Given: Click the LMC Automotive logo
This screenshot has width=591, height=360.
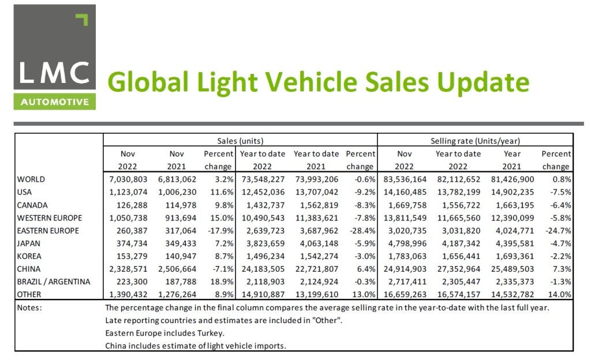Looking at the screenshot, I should coord(55,58).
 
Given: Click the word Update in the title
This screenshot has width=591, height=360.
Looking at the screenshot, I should coord(482,82).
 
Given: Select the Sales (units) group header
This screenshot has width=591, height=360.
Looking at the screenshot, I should coord(240,141).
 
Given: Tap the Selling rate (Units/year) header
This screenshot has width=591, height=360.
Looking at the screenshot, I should coord(475,141).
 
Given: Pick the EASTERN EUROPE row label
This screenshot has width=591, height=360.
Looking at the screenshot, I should coord(50,231).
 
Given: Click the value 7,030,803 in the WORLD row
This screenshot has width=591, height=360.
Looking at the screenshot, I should coord(128,179).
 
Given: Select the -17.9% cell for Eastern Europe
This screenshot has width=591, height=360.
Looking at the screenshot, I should coord(219,231).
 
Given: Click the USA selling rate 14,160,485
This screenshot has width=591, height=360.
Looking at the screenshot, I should coord(403,192).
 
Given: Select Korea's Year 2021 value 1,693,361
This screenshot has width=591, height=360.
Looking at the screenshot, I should coord(511,256).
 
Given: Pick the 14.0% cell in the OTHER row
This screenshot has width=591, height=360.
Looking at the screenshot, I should coord(559,295).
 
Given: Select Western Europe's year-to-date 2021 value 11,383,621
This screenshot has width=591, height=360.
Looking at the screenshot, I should coord(316,218).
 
